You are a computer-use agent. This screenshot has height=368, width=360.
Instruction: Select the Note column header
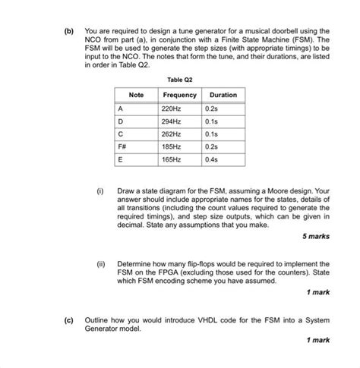pyautogui.click(x=137, y=95)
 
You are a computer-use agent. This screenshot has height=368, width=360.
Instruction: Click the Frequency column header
pyautogui.click(x=179, y=95)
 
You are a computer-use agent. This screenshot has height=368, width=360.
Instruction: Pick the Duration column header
pyautogui.click(x=223, y=95)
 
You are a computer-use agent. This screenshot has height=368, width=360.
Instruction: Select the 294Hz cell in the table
pyautogui.click(x=172, y=121)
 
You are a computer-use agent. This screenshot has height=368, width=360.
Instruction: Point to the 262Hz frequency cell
pyautogui.click(x=172, y=134)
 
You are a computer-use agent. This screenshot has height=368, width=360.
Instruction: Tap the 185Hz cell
pyautogui.click(x=172, y=146)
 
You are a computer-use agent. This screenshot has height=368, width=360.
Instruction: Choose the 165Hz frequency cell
pyautogui.click(x=172, y=159)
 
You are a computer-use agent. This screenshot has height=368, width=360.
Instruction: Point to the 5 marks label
pyautogui.click(x=314, y=236)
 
